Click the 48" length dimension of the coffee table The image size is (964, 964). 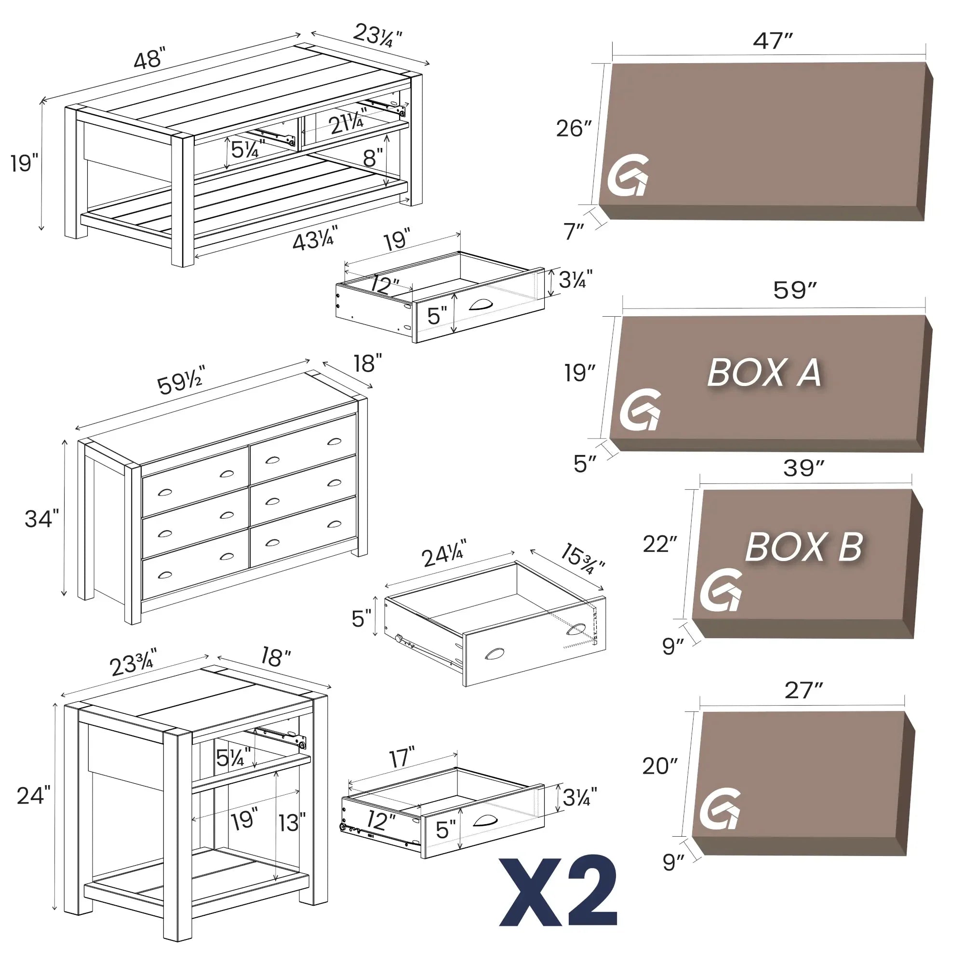tap(149, 59)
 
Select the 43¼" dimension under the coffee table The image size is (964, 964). tap(315, 240)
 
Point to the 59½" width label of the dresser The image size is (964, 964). tap(181, 382)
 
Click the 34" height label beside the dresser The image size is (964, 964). tap(41, 519)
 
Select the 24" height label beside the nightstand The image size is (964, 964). tap(33, 795)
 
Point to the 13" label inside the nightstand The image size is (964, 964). tap(292, 822)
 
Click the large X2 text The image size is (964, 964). tap(559, 893)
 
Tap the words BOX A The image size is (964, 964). tap(764, 373)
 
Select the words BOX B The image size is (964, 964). tap(804, 547)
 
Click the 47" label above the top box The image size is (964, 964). tap(772, 41)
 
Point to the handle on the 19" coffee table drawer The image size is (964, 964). tap(481, 304)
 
